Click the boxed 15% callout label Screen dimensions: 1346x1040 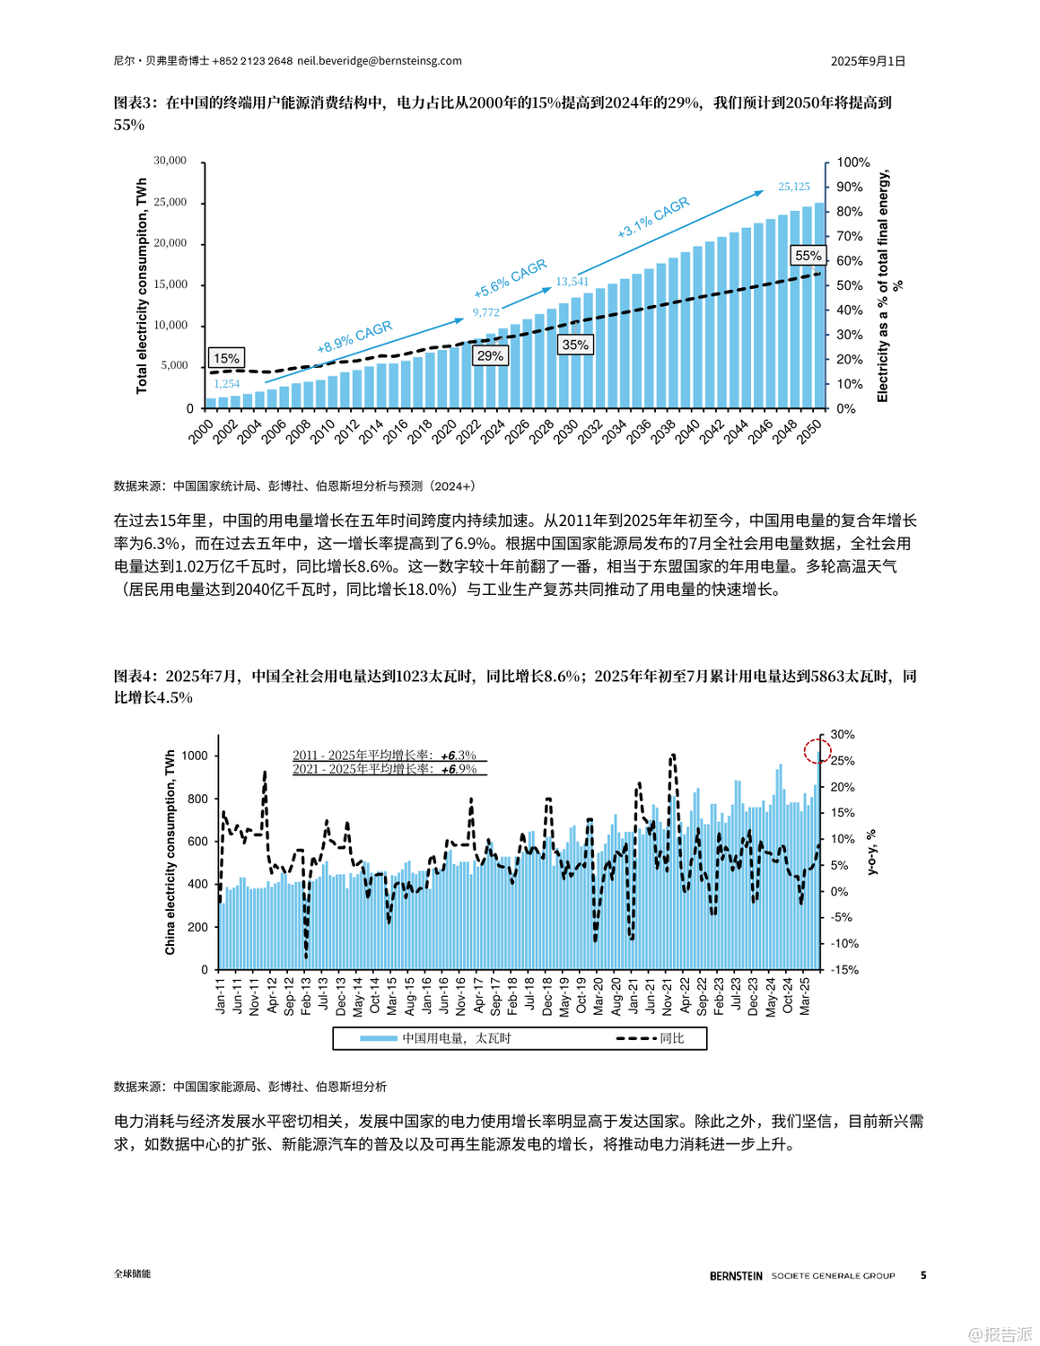click(x=226, y=358)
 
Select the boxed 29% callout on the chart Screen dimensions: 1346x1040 click(x=490, y=355)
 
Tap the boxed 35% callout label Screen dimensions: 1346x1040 click(x=575, y=345)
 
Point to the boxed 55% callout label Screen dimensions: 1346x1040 click(x=808, y=256)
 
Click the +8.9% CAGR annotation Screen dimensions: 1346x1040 click(x=354, y=336)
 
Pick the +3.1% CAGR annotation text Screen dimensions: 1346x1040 click(x=653, y=217)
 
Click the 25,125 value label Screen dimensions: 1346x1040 click(x=793, y=187)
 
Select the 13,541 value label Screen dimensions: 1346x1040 click(x=572, y=282)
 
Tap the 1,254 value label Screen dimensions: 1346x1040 click(x=226, y=384)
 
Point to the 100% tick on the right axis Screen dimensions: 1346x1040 click(x=852, y=162)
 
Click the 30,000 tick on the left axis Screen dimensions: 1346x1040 click(x=170, y=161)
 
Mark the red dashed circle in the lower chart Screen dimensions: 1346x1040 click(x=817, y=750)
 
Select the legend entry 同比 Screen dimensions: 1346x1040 click(x=651, y=1038)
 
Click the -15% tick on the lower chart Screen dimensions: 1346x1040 click(x=843, y=970)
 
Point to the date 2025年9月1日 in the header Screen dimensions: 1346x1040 click(x=867, y=61)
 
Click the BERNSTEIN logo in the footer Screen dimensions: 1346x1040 click(x=736, y=1275)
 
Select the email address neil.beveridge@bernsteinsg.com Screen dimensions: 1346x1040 click(x=380, y=61)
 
